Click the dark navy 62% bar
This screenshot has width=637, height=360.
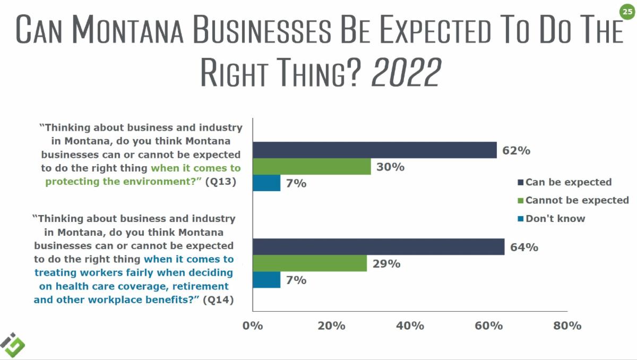tap(374, 150)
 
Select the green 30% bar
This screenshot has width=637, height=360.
tap(312, 167)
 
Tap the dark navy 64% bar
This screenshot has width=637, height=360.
tap(378, 247)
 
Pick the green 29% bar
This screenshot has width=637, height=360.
tap(309, 263)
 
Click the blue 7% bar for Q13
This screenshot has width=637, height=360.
tap(266, 183)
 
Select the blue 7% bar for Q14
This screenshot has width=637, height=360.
tap(266, 280)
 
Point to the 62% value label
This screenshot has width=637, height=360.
tap(517, 150)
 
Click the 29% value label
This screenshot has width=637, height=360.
tap(386, 263)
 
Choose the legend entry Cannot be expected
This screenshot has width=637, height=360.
tap(576, 200)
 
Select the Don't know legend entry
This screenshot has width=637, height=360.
tap(555, 218)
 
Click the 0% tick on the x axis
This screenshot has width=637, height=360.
tap(253, 325)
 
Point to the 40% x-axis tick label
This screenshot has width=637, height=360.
tap(410, 325)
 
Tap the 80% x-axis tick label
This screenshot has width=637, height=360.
tap(567, 325)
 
